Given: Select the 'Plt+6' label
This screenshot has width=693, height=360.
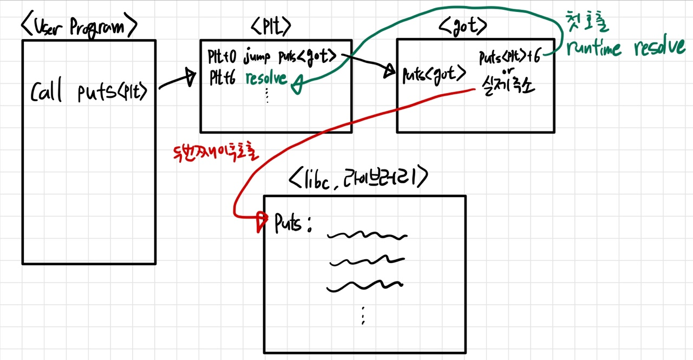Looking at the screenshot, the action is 223,78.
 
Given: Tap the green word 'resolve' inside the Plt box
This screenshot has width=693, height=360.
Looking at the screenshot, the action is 266,78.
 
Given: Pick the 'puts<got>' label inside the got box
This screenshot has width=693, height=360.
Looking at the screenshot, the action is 434,74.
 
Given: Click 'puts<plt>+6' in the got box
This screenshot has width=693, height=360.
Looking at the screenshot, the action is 509,57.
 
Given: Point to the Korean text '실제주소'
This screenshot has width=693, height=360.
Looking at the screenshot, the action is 507,84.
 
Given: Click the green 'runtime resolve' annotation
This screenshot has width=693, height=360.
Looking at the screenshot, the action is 625,49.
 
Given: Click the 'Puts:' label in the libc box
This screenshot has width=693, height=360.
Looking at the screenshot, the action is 293,224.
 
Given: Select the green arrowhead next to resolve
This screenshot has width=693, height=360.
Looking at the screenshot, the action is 295,84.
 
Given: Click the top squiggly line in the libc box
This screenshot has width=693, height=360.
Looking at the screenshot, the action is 367,235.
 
